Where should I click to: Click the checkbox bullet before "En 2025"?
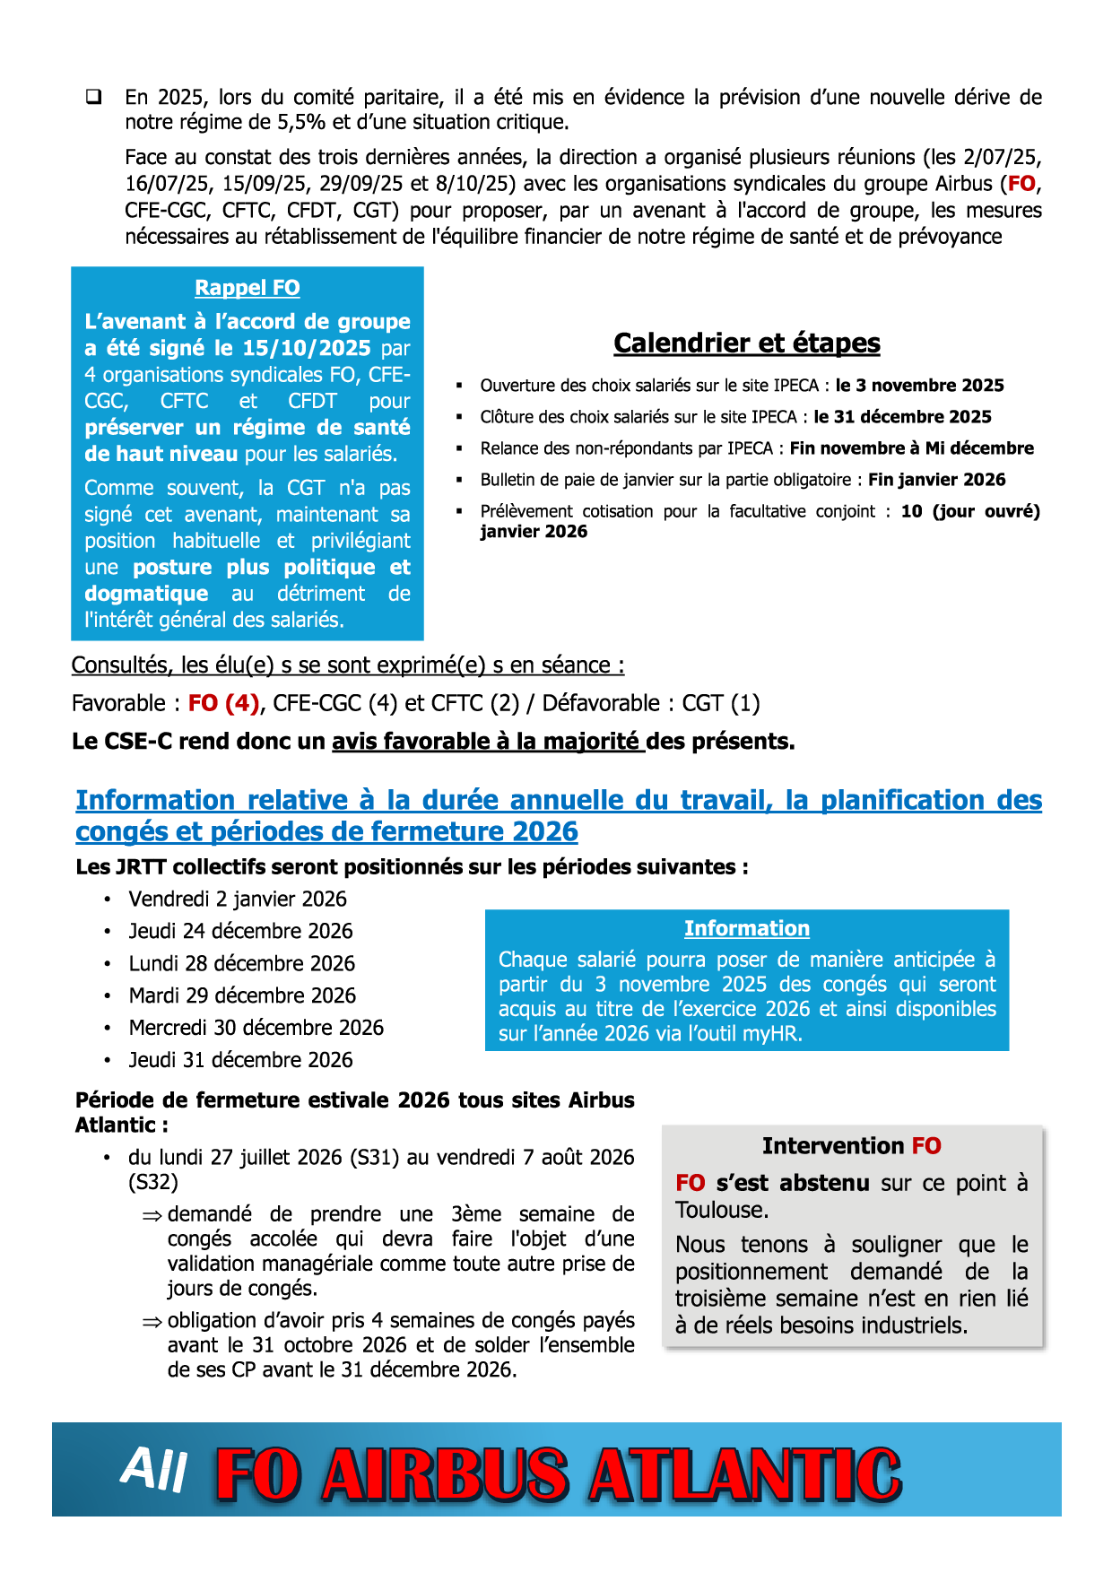(x=93, y=97)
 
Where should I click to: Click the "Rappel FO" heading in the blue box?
(x=248, y=288)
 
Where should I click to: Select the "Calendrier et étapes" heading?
(x=746, y=343)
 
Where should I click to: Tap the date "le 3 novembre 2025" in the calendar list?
(x=919, y=386)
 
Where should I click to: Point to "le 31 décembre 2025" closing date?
(x=902, y=417)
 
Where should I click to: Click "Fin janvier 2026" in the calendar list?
(x=936, y=480)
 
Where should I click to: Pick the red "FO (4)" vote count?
(x=223, y=703)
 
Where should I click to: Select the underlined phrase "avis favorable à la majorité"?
(x=488, y=742)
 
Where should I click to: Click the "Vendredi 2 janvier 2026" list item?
(x=237, y=899)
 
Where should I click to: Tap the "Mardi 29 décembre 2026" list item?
(x=242, y=995)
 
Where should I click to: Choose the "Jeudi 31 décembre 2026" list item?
(x=240, y=1060)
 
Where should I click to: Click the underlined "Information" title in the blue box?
(x=746, y=928)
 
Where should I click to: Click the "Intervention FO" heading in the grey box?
(x=851, y=1146)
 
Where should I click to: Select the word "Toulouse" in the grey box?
(x=721, y=1210)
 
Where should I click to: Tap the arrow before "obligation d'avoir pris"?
(x=152, y=1322)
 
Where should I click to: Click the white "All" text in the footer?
(x=154, y=1471)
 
